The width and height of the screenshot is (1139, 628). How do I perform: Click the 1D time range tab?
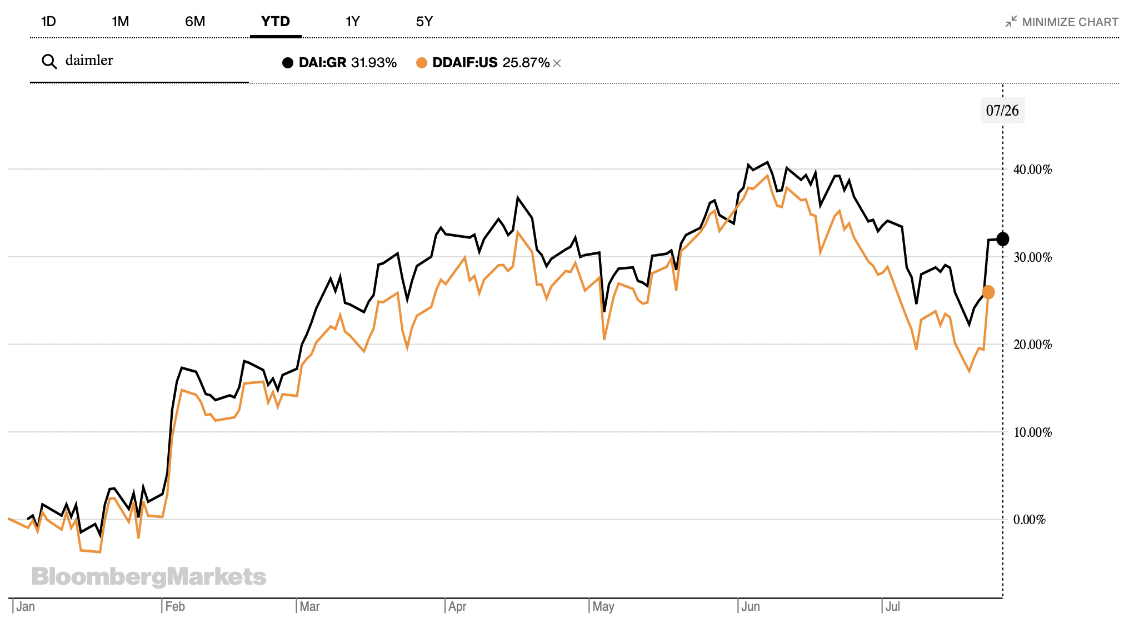pos(48,22)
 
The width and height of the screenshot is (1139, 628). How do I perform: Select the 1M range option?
pos(120,22)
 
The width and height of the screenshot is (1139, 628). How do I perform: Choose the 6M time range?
pos(195,22)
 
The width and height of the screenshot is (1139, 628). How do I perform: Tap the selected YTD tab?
pos(276,22)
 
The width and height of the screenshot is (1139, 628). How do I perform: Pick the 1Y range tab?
pos(352,22)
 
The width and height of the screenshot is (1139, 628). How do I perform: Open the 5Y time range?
pos(424,22)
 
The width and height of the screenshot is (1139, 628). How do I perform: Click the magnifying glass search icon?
pos(49,62)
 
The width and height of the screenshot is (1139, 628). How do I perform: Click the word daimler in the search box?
pos(89,61)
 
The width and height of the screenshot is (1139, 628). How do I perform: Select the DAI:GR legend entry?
pos(339,63)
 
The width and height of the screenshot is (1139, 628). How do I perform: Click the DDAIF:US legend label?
pos(464,63)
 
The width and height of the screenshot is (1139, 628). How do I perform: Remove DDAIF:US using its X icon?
pos(557,63)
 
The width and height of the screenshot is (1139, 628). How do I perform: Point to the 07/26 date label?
pos(1002,111)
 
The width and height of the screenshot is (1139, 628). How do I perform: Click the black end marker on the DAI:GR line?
pos(1003,239)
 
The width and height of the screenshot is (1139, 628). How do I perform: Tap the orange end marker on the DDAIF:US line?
pos(988,292)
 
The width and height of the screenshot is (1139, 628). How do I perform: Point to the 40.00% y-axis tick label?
pos(1032,170)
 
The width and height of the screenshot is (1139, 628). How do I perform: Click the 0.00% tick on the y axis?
pos(1030,520)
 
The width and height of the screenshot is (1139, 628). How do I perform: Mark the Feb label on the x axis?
pos(175,606)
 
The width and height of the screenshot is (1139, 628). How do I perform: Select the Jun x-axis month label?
pos(751,606)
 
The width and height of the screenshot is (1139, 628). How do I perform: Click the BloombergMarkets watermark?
pos(149,577)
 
